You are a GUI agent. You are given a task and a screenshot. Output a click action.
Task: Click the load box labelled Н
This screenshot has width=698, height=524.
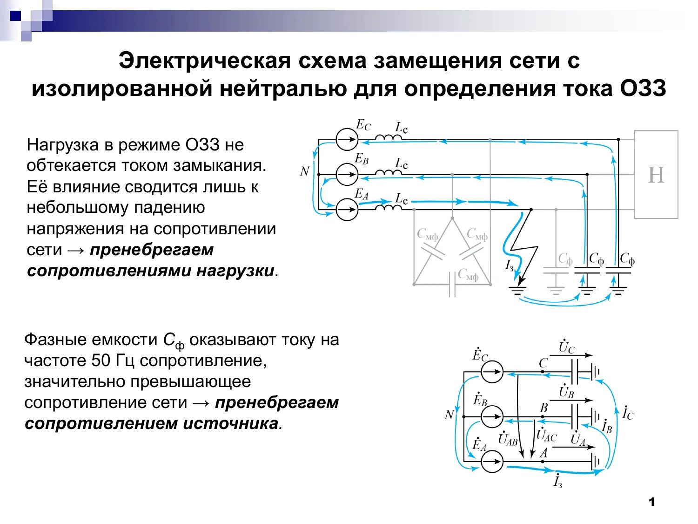point(656,175)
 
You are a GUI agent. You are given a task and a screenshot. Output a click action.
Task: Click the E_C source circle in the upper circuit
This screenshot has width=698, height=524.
point(347,139)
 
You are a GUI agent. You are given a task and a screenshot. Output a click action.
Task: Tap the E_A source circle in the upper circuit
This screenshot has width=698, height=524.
point(347,209)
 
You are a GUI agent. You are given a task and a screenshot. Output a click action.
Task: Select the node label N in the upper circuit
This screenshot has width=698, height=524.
point(304,171)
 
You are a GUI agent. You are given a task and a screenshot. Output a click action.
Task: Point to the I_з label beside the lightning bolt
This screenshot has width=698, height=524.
point(510,265)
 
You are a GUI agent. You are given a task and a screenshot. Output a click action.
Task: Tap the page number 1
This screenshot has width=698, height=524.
point(651,502)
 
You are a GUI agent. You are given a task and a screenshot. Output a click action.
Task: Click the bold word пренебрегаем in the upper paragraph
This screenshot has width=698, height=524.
point(152,250)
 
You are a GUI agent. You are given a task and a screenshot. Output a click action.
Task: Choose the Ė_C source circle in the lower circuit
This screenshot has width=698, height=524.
point(492,372)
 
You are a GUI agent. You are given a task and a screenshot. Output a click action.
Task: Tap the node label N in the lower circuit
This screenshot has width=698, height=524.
point(449,415)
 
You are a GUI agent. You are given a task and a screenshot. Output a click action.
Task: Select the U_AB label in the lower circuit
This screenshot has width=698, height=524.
point(508,439)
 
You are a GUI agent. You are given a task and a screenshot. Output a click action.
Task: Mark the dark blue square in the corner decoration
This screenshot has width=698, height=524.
point(16,16)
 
